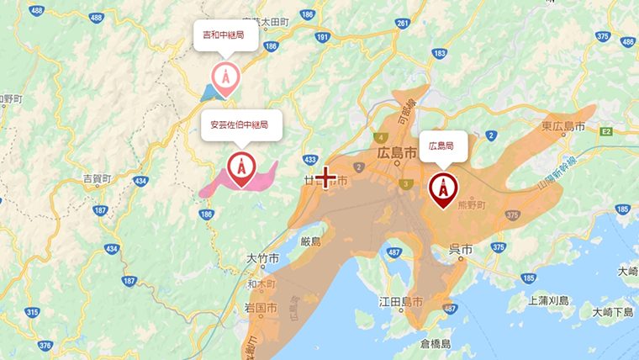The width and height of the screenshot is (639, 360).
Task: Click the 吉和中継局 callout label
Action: (x=224, y=36)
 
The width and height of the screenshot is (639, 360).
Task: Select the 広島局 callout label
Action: (x=441, y=146)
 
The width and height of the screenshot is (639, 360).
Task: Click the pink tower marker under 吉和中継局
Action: (x=224, y=77)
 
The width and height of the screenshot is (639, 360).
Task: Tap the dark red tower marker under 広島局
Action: (x=442, y=188)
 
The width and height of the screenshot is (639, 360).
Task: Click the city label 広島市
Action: (x=393, y=155)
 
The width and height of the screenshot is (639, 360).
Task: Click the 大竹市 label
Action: (x=263, y=258)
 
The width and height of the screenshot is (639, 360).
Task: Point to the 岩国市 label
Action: (x=261, y=308)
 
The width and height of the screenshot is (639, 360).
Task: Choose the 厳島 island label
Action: (x=309, y=241)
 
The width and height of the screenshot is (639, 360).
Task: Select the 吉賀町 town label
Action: (x=98, y=178)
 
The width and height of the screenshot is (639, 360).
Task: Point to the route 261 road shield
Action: (x=403, y=24)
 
